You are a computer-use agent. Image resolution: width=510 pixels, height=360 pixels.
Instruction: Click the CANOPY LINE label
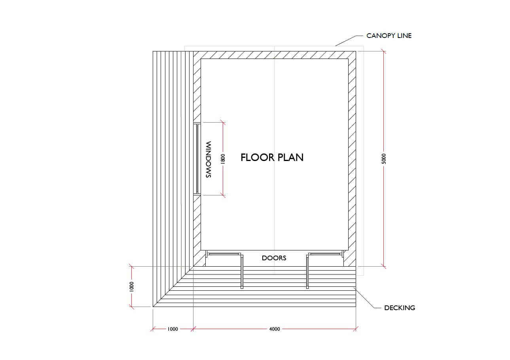click(x=389, y=36)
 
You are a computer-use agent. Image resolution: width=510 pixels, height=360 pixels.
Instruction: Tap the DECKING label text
click(x=400, y=308)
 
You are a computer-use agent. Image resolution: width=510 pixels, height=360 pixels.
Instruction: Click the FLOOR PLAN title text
click(x=272, y=157)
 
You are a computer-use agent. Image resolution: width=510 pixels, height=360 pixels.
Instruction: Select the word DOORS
click(x=274, y=258)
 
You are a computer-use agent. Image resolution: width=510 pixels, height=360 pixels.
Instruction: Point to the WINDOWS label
click(x=209, y=159)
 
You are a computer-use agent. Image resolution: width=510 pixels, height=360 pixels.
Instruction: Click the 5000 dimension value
click(x=384, y=159)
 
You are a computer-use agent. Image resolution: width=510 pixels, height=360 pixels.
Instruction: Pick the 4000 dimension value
click(x=275, y=329)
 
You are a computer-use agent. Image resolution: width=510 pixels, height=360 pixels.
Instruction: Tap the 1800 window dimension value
click(x=223, y=159)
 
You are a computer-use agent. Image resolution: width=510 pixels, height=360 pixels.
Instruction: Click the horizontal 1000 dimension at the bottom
click(x=173, y=329)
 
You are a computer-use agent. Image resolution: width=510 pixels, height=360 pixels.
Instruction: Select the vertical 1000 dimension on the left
click(x=131, y=287)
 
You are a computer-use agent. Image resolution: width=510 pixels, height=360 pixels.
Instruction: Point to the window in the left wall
click(x=197, y=159)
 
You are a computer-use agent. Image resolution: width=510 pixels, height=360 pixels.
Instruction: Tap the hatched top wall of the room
click(x=275, y=55)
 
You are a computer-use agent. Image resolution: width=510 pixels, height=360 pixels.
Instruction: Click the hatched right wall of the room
click(x=352, y=159)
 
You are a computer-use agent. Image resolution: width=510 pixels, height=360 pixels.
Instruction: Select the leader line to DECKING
click(x=367, y=297)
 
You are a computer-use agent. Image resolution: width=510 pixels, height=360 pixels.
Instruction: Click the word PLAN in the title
click(x=290, y=157)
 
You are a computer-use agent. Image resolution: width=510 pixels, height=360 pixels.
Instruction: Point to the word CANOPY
click(x=379, y=36)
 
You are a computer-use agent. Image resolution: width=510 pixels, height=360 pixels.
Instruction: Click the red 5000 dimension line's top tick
click(x=384, y=51)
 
